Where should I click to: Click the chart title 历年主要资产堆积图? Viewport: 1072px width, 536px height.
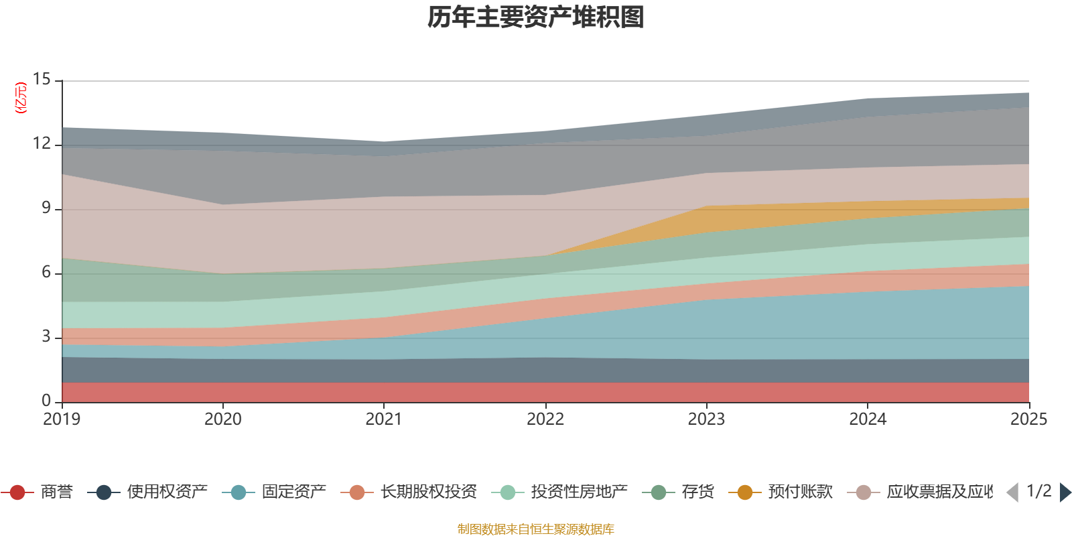point(536,17)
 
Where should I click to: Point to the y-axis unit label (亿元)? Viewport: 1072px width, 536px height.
point(21,98)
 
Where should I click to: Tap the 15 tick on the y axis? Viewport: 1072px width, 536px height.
point(42,79)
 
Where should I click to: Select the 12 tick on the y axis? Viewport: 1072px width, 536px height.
point(42,143)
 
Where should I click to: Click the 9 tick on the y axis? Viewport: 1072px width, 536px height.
point(46,208)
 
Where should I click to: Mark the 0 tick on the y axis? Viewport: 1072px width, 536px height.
point(46,401)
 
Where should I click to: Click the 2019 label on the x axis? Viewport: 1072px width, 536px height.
point(62,419)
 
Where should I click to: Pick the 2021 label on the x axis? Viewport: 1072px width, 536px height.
point(384,419)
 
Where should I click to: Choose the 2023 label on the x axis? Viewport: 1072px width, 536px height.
point(706,419)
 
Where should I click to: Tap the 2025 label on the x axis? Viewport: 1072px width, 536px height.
point(1028,419)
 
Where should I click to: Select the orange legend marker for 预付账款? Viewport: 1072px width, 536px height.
point(745,492)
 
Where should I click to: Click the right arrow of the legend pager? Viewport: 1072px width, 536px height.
point(1065,492)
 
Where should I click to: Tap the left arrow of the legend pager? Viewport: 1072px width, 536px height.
point(1012,492)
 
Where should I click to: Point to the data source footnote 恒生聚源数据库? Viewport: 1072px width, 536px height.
point(535,529)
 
